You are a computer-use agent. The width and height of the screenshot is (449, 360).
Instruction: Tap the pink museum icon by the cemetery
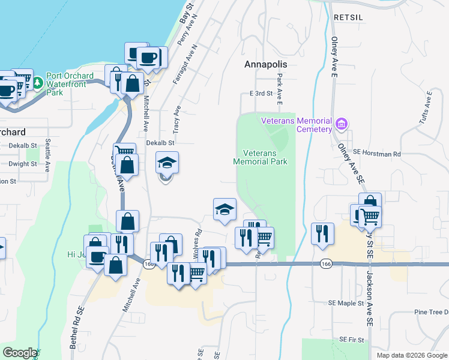pyautogui.click(x=342, y=125)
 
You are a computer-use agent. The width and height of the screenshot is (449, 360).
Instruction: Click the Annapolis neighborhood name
pyautogui.click(x=266, y=64)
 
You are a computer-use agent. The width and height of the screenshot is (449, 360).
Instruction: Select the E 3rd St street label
pyautogui.click(x=261, y=94)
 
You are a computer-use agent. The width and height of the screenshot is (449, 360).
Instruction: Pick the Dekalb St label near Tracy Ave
pyautogui.click(x=160, y=143)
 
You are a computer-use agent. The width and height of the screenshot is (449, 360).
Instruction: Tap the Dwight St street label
pyautogui.click(x=23, y=163)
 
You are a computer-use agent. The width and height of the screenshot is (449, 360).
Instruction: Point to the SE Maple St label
pyautogui.click(x=343, y=303)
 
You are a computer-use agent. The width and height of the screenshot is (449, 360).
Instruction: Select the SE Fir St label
pyautogui.click(x=351, y=340)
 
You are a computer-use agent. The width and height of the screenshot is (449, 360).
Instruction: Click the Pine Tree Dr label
pyautogui.click(x=431, y=312)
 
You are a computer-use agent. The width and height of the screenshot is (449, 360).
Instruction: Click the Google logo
pyautogui.click(x=20, y=353)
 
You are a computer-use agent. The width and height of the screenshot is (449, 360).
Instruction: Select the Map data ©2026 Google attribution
pyautogui.click(x=411, y=355)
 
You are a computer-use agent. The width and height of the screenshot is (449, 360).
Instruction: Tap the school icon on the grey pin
pyautogui.click(x=167, y=161)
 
